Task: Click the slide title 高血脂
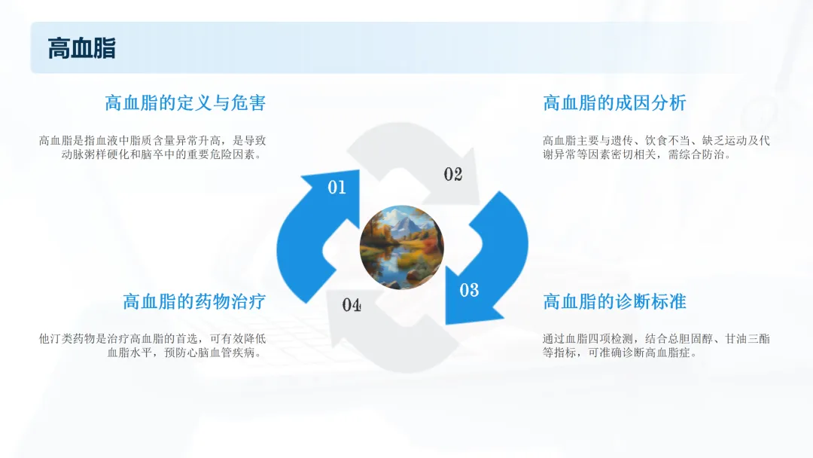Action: (81, 49)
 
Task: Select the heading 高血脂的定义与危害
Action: (185, 102)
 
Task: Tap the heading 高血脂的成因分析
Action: (614, 102)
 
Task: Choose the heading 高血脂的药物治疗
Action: (194, 301)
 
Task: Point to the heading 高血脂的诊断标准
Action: (614, 301)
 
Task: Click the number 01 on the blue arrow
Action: (337, 188)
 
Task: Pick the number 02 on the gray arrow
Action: (452, 174)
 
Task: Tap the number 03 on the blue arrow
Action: (469, 290)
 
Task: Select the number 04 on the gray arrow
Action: (352, 304)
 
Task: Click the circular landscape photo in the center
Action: (402, 247)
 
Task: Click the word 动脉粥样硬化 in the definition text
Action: (96, 154)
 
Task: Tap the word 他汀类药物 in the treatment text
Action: (68, 339)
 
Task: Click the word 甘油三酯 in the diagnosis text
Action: (748, 339)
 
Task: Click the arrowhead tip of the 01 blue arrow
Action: (358, 171)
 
